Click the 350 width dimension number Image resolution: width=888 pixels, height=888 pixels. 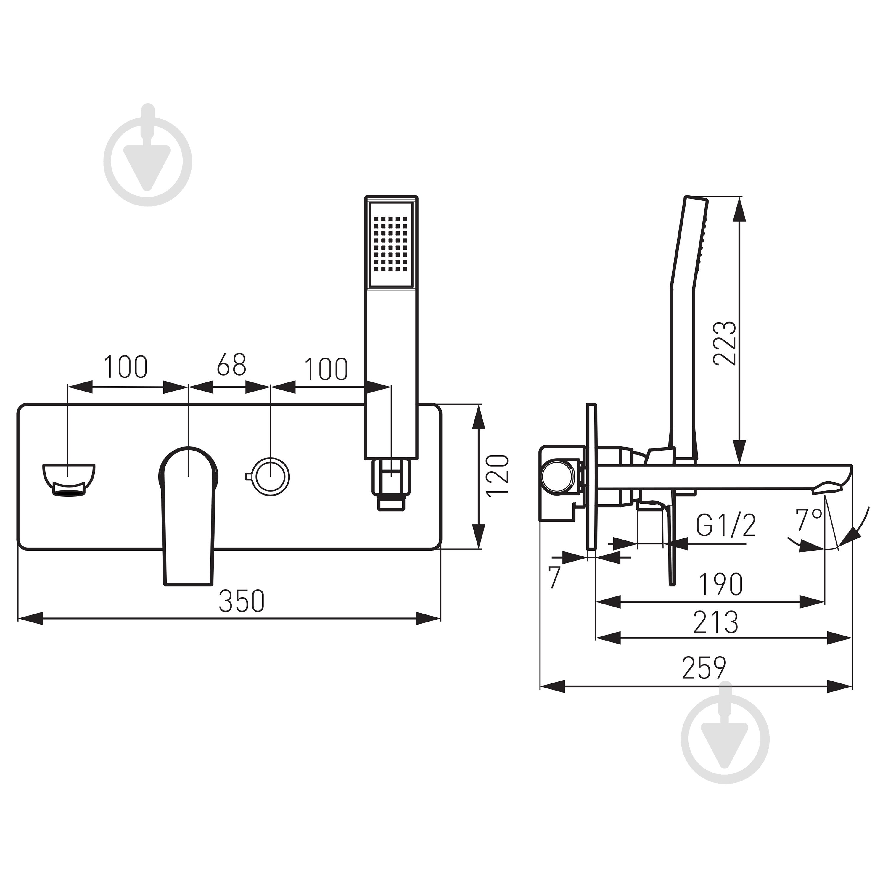(242, 601)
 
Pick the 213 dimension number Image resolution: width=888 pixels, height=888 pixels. (716, 622)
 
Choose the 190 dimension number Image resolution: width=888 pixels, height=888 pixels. (720, 584)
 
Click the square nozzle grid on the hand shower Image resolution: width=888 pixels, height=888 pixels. (391, 244)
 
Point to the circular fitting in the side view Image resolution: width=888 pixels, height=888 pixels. (558, 478)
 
